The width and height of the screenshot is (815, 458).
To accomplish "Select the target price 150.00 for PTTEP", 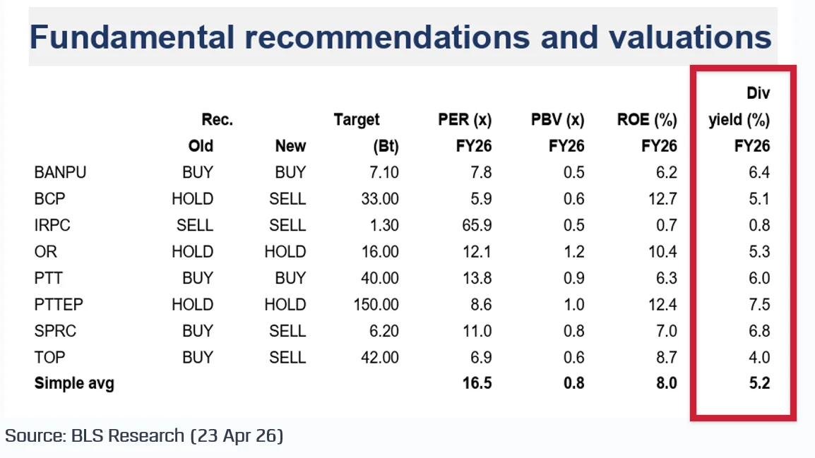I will [376, 305].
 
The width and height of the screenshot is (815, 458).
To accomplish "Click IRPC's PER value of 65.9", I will [475, 226].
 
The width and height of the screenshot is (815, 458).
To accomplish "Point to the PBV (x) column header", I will [557, 120].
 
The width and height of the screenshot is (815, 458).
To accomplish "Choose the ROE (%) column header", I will [647, 120].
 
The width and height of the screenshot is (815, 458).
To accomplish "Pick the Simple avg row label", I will [74, 384].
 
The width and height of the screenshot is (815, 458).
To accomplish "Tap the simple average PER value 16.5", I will [475, 384].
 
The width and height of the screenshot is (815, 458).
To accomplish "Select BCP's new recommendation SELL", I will [287, 199].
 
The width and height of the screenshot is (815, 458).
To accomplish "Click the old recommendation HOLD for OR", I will [192, 252].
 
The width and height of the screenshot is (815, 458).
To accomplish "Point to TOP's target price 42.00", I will [379, 358].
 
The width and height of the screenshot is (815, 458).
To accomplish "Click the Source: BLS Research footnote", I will [144, 435].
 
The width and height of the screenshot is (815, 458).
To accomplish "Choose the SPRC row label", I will [54, 331].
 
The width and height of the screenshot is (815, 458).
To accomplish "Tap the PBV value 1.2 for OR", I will [573, 252].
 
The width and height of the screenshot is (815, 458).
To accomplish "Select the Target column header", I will [357, 120].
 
